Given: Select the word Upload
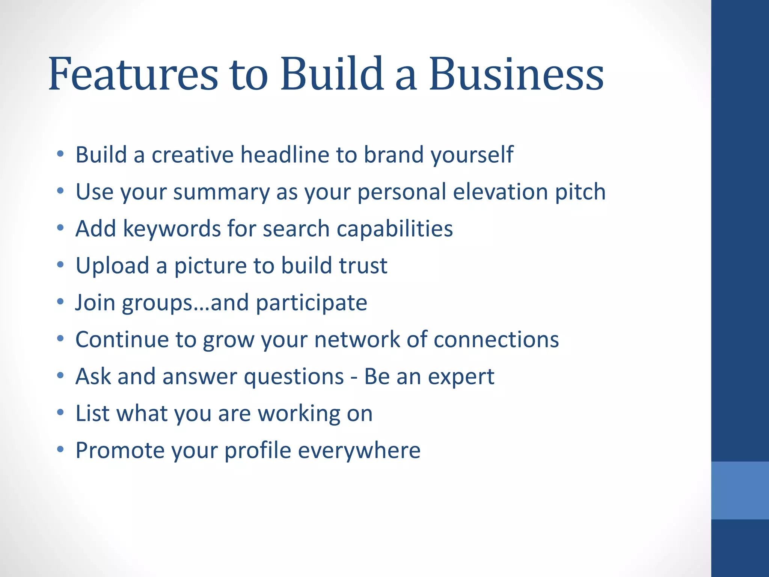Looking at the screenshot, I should [112, 266].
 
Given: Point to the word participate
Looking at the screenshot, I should [311, 303].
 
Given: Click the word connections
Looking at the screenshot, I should [496, 339].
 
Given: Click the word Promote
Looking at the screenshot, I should [120, 450].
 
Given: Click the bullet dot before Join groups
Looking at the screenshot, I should [60, 302].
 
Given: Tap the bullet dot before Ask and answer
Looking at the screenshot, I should [60, 376].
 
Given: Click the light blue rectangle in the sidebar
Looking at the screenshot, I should [740, 490].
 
